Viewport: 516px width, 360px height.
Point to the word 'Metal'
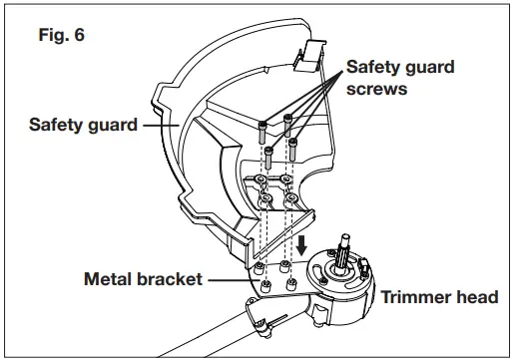[108, 278]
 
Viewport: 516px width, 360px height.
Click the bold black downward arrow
[301, 244]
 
